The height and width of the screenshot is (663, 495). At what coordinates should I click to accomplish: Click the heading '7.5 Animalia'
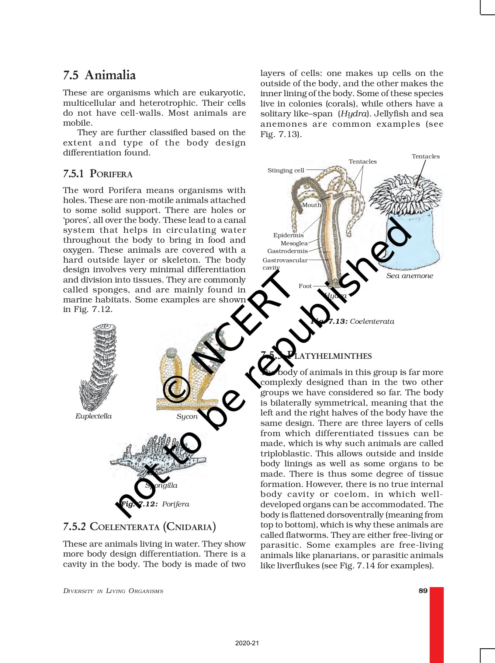tap(99, 75)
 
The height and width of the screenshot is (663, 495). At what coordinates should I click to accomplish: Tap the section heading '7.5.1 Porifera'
tap(98, 173)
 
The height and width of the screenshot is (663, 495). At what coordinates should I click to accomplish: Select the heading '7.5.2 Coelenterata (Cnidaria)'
tap(139, 526)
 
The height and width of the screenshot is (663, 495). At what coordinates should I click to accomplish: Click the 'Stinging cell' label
tap(286, 170)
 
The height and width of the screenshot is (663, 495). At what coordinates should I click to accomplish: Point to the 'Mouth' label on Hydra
tap(312, 205)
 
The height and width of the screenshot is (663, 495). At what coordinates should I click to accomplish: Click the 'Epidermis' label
tap(288, 235)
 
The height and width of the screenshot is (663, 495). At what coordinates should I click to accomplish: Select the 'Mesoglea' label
tap(294, 243)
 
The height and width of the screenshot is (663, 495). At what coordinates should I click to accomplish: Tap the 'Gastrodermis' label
tap(287, 251)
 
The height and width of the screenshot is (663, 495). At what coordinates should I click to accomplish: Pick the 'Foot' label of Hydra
tap(305, 286)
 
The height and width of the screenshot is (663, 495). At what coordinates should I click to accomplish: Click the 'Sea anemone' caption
tap(409, 276)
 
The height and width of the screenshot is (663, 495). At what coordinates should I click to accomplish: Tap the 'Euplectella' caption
tap(93, 416)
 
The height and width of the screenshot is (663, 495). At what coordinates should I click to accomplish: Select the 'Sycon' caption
tap(187, 416)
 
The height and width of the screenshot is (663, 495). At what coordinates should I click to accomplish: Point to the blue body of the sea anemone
tap(413, 239)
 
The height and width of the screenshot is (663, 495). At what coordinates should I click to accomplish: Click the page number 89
tap(423, 591)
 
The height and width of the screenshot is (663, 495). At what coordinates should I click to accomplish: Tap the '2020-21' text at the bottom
tap(247, 643)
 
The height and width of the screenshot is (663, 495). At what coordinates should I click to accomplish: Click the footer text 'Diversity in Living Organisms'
tap(113, 591)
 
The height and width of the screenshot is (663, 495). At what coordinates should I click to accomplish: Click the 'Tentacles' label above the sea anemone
tap(426, 156)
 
